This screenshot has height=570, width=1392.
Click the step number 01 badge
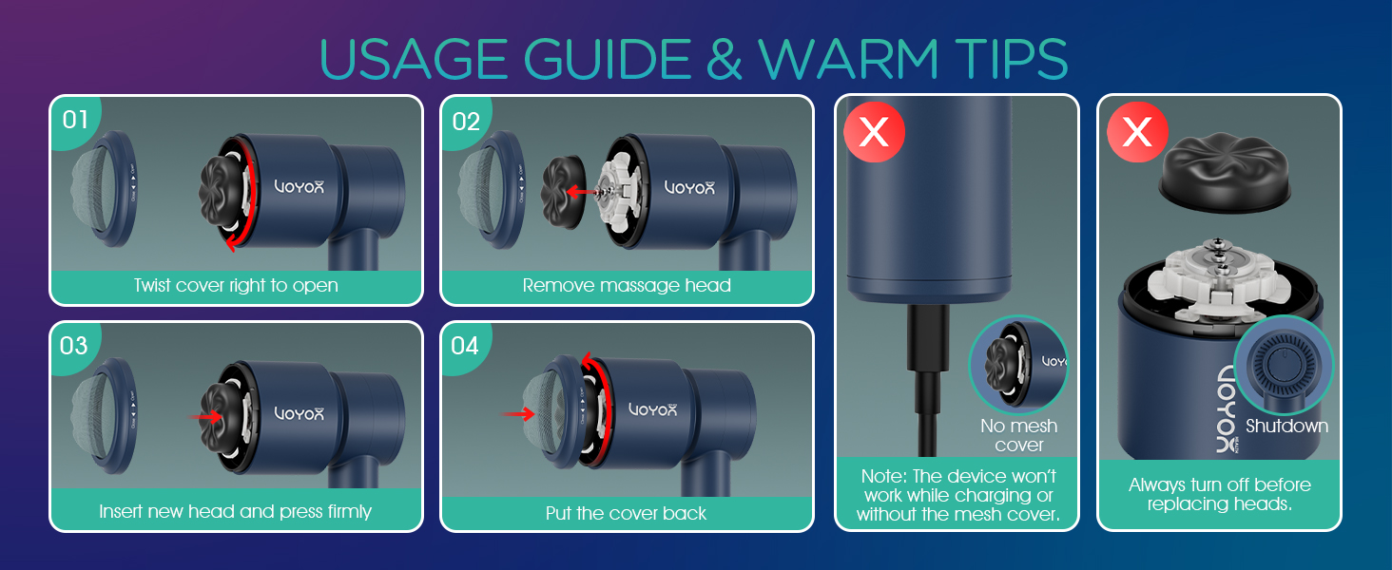[x=75, y=121]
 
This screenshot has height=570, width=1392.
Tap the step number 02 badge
[x=466, y=122]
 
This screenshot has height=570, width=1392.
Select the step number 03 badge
[x=74, y=346]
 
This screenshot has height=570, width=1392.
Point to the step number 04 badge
[x=465, y=346]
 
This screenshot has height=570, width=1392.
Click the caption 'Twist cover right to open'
[x=236, y=285]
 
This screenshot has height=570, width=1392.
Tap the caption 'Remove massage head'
[x=627, y=285]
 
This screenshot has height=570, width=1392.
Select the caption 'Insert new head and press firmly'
[x=236, y=511]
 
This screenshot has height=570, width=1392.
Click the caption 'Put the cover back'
[x=627, y=513]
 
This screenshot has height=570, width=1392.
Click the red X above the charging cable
[x=874, y=133]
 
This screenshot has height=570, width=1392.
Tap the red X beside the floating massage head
[x=1137, y=133]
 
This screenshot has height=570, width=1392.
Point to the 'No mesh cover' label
[x=1019, y=435]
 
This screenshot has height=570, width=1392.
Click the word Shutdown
[x=1286, y=426]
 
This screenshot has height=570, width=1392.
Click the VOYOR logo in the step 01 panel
[x=300, y=187]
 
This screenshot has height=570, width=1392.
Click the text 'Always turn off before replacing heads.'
[x=1219, y=494]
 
